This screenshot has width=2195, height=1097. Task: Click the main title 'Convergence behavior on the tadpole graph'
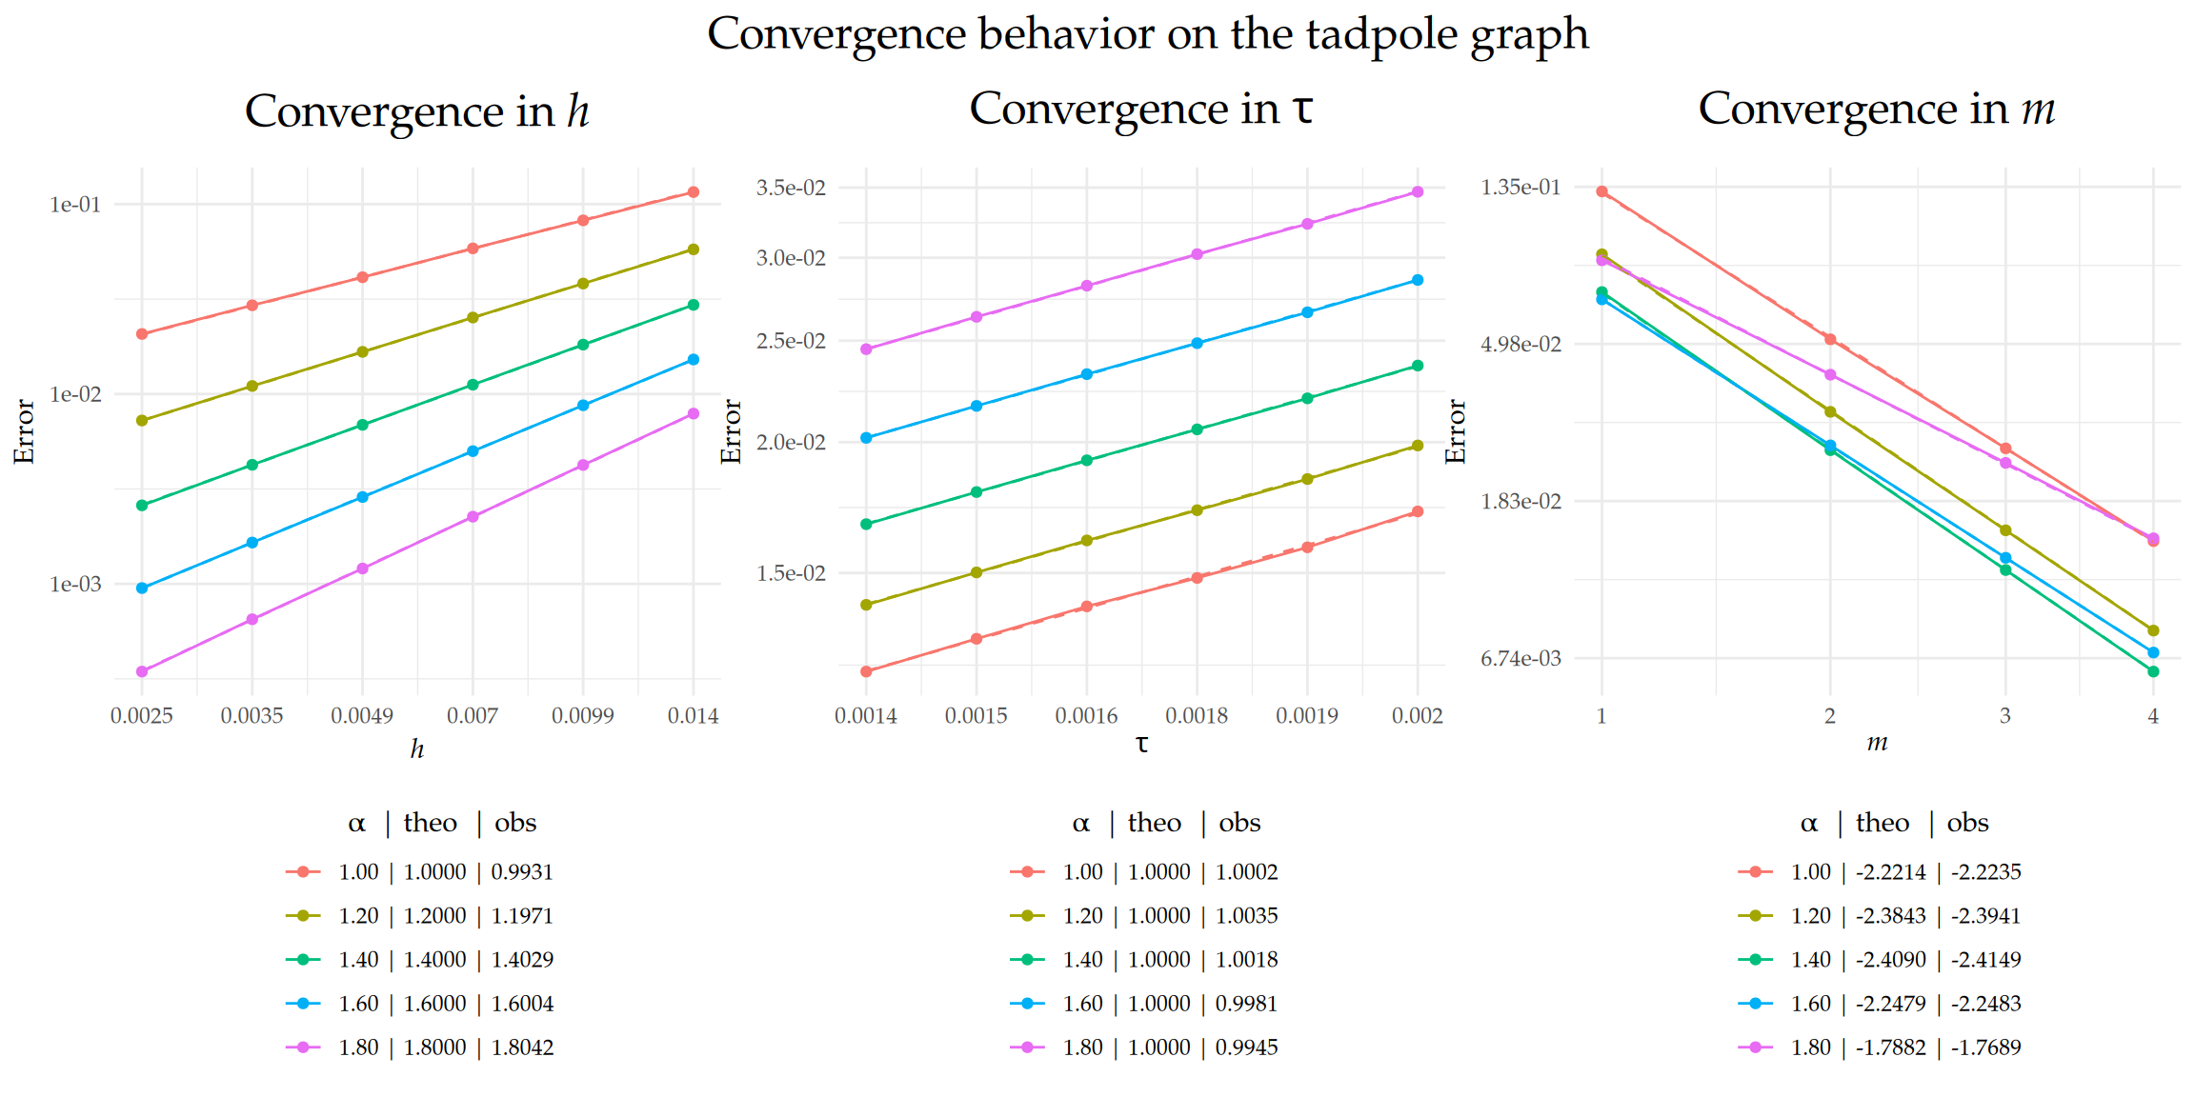tap(1147, 34)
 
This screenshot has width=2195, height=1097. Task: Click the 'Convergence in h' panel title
tap(416, 110)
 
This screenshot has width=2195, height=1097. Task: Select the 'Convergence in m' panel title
tap(1876, 109)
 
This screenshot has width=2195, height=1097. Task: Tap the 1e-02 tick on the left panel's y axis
tap(75, 394)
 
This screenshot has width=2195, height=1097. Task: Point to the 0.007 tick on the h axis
tap(473, 716)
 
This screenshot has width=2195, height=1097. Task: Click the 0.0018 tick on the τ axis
tap(1197, 716)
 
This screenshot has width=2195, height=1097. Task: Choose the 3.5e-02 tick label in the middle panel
tap(791, 188)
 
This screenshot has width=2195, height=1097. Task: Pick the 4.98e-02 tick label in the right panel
tap(1520, 344)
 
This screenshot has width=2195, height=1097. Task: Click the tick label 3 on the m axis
tap(2004, 716)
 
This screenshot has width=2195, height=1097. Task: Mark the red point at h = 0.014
tap(694, 192)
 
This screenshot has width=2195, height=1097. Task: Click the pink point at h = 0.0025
tap(142, 672)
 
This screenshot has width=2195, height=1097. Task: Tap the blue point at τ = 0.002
tap(1418, 280)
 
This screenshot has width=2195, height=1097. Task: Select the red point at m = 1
tap(1601, 191)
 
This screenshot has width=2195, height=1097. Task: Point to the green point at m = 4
tap(2153, 672)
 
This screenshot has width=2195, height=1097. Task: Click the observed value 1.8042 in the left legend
tap(522, 1047)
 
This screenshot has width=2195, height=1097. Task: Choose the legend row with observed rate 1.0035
tap(1143, 916)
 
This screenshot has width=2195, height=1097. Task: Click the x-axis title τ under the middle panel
tap(1141, 745)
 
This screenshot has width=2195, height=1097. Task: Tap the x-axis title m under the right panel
tap(1877, 743)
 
